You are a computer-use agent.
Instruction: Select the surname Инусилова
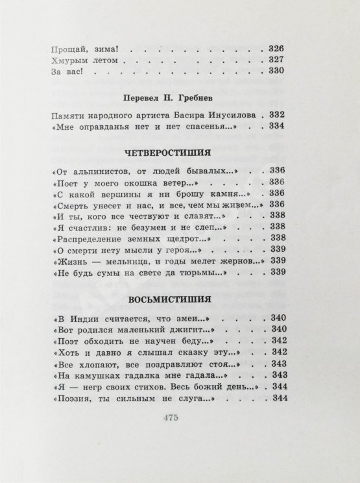click(x=222, y=115)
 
